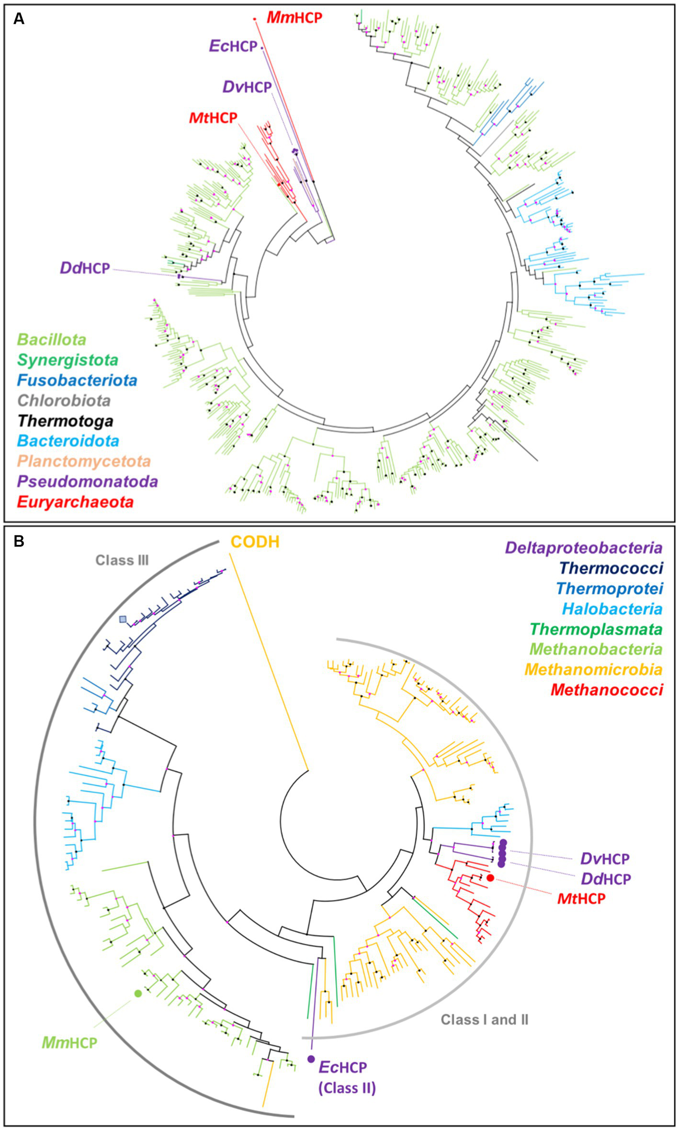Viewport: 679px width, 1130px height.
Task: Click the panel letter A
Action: coord(19,19)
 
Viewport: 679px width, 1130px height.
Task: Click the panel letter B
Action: coord(19,541)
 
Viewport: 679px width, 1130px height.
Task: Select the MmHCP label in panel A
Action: coord(294,18)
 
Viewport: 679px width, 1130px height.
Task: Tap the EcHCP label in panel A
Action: coord(233,46)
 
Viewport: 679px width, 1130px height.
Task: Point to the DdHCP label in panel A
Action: coord(85,268)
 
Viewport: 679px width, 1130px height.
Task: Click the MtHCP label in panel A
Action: coord(213,118)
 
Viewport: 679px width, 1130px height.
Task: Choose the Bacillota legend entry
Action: coord(52,340)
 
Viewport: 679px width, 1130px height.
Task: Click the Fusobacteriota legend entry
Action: coord(77,381)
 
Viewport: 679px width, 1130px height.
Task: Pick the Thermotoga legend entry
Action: coord(65,421)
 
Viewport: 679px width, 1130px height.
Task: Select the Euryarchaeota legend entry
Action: coord(75,502)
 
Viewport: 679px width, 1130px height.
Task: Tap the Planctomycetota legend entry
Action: coord(84,462)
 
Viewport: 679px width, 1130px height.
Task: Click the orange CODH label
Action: coord(255,542)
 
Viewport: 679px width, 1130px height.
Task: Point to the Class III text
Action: coord(122,560)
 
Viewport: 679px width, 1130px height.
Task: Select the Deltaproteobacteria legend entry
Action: coord(583,548)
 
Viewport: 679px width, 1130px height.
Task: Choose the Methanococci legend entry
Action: coord(606,690)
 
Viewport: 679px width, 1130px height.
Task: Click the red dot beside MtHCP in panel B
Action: coord(490,878)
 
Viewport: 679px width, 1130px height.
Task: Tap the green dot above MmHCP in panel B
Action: coord(138,994)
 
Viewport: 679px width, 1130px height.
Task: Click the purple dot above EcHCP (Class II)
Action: coord(311,1059)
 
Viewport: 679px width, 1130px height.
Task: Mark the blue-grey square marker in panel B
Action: coord(124,620)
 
